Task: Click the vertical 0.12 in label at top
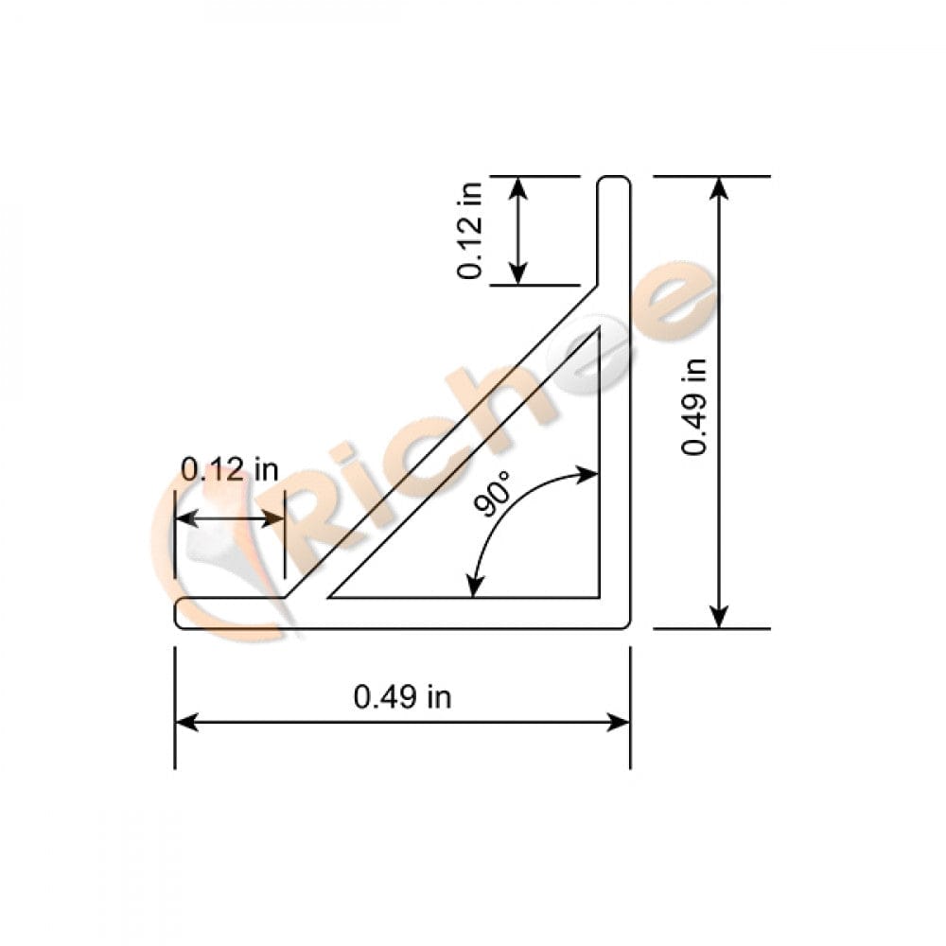pyautogui.click(x=470, y=230)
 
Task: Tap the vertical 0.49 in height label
pyautogui.click(x=695, y=402)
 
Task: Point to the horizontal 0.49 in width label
pyautogui.click(x=402, y=697)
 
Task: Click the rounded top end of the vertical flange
pyautogui.click(x=614, y=180)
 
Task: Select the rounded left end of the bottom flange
pyautogui.click(x=179, y=613)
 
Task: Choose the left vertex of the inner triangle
pyautogui.click(x=330, y=597)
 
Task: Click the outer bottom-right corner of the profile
pyautogui.click(x=628, y=625)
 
